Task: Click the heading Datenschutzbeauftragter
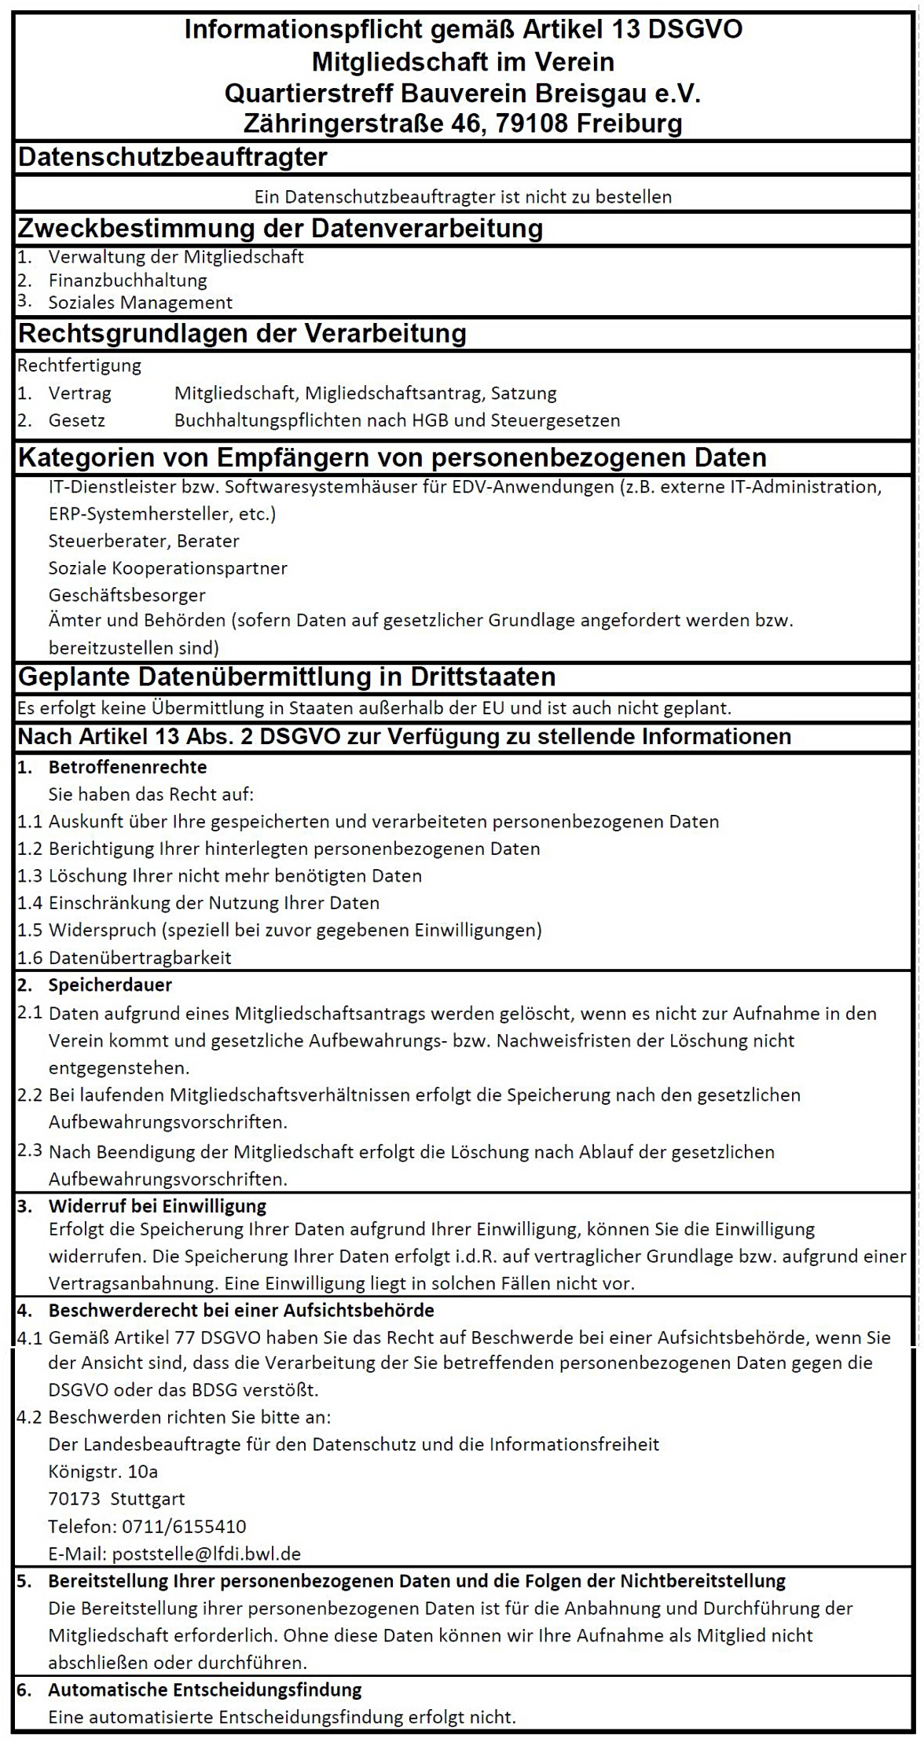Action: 173,157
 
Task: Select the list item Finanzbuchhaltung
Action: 127,280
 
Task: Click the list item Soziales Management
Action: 140,303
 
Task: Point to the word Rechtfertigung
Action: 79,365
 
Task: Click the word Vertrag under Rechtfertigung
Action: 79,393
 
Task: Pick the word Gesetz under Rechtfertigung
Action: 76,420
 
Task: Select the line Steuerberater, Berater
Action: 144,541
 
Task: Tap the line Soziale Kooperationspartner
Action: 167,567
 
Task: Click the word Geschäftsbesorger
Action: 126,595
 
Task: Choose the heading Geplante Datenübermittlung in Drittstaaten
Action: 287,677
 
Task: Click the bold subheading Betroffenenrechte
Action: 127,767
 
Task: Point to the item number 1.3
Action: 30,875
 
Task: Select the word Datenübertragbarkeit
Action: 140,957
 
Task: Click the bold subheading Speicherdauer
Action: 110,985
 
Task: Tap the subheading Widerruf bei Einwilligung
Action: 157,1205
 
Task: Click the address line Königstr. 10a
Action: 103,1471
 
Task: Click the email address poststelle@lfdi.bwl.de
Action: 207,1554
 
